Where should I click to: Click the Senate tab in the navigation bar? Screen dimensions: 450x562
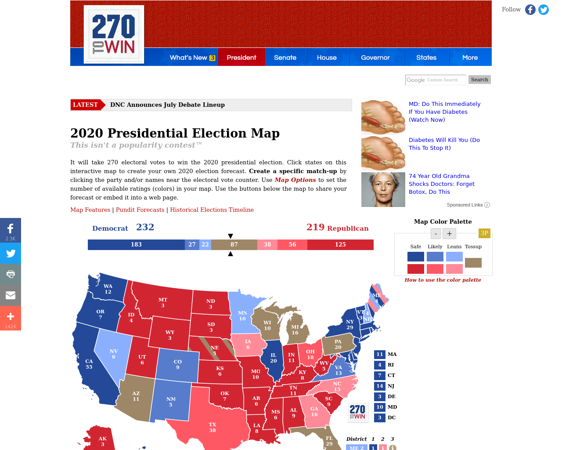(285, 58)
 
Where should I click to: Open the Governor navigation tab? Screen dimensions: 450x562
(375, 58)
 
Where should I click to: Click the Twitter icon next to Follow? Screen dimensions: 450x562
(544, 10)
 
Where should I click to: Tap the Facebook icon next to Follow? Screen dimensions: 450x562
(530, 10)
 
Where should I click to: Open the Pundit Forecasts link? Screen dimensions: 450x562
(140, 210)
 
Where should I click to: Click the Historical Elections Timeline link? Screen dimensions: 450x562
(212, 210)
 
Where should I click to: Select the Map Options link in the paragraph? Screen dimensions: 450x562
(295, 180)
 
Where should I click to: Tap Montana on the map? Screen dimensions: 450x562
(163, 302)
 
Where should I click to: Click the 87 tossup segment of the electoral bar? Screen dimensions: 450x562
(234, 245)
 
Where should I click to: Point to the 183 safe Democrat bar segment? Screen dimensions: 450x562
(136, 245)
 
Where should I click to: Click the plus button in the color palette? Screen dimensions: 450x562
(449, 233)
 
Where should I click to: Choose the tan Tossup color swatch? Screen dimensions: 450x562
(473, 263)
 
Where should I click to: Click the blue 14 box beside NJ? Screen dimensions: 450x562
(380, 386)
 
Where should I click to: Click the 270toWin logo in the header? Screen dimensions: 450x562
(114, 34)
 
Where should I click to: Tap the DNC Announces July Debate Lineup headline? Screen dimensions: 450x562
(167, 105)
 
